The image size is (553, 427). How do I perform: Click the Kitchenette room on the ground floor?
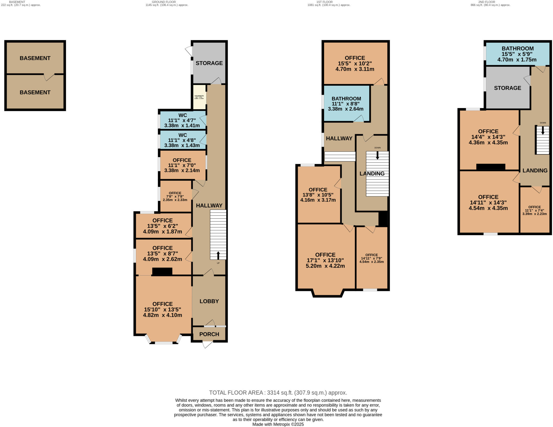coord(199,97)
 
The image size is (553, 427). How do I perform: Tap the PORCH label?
coord(209,334)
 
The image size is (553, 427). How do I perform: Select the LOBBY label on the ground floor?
coord(209,301)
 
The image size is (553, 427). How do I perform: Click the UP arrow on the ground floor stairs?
coord(218,255)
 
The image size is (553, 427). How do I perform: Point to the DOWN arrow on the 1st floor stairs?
coord(377,155)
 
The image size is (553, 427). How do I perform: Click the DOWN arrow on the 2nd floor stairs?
coord(542,130)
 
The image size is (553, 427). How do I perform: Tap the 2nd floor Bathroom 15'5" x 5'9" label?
coord(517,54)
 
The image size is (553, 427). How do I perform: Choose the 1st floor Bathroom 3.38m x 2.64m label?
coord(346,104)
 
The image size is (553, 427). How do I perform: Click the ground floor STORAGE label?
coord(209,63)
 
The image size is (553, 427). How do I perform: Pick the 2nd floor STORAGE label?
coord(507,88)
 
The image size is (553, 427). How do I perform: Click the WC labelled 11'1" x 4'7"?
coord(183,120)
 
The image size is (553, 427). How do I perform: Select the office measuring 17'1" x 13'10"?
coord(325,260)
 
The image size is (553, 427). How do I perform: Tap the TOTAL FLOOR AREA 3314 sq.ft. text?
coord(278,392)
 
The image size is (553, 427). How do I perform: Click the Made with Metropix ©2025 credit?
coord(278,424)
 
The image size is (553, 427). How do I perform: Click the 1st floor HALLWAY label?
coord(339,139)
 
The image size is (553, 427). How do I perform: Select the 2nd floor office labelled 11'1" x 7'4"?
coord(534,210)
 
